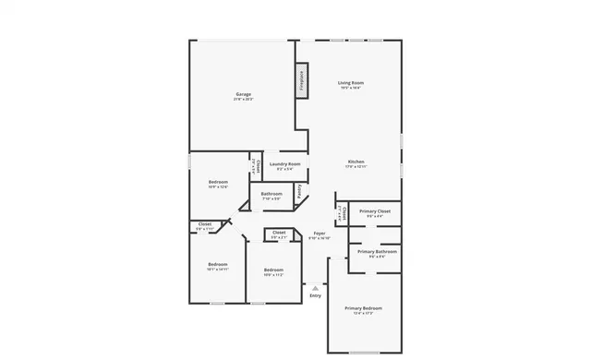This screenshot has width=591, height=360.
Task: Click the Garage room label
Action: (244, 94)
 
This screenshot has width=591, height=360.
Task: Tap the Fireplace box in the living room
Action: (301, 79)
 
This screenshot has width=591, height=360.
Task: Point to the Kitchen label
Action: (356, 162)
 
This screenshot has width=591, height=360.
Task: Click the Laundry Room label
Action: (284, 163)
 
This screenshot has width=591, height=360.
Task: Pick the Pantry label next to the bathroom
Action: (299, 192)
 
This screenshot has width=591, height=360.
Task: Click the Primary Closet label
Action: (374, 211)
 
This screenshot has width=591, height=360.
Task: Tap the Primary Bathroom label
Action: (377, 251)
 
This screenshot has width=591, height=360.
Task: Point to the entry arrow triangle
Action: (316, 287)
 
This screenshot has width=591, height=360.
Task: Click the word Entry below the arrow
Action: (316, 295)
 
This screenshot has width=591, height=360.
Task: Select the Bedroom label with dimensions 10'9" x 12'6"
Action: (218, 182)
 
